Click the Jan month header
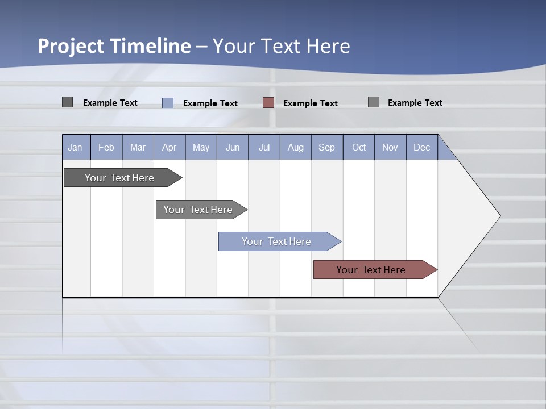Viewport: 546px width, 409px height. tap(76, 147)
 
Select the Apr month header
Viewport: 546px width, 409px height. tap(169, 147)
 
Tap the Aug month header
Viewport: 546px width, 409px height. tap(296, 147)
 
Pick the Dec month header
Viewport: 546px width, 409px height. tap(421, 147)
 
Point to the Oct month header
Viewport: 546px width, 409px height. tap(359, 147)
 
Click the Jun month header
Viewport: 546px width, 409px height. tap(233, 147)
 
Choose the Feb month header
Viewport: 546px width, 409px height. tap(106, 147)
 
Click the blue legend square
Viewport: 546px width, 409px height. tap(168, 103)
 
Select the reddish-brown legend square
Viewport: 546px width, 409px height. tap(268, 103)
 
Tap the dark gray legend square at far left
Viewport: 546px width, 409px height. tap(68, 102)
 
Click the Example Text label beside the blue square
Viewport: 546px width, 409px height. tap(210, 103)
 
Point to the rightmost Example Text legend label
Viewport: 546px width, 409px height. tap(415, 103)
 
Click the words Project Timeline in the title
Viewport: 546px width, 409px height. tap(114, 46)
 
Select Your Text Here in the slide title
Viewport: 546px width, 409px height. tap(281, 46)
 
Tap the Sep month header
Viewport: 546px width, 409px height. tap(327, 147)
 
